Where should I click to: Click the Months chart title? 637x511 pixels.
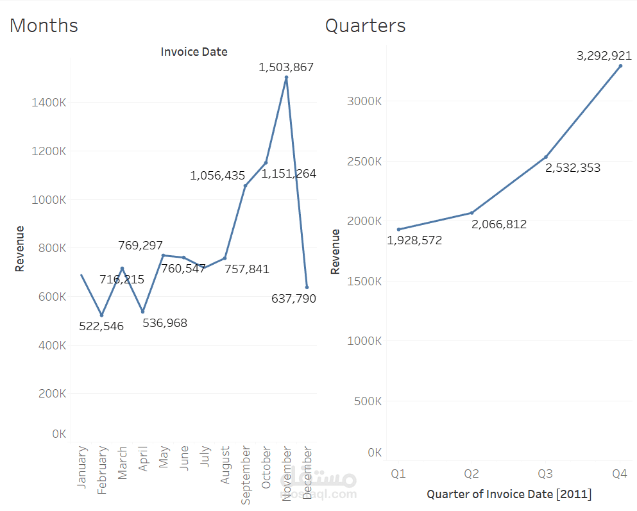pyautogui.click(x=44, y=26)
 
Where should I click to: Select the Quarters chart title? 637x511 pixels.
pyautogui.click(x=365, y=26)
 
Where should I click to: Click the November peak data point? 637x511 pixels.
pyautogui.click(x=286, y=78)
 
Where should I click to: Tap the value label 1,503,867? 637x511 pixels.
pyautogui.click(x=286, y=67)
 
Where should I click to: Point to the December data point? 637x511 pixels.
pyautogui.click(x=307, y=287)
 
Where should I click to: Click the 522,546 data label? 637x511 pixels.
pyautogui.click(x=101, y=326)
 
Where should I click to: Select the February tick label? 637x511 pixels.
pyautogui.click(x=101, y=471)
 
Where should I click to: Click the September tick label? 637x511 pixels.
pyautogui.click(x=246, y=476)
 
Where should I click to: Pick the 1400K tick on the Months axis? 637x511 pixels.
pyautogui.click(x=49, y=102)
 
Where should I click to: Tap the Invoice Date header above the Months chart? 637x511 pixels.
pyautogui.click(x=194, y=51)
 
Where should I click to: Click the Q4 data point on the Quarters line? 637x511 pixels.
pyautogui.click(x=620, y=65)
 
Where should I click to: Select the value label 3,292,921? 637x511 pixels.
pyautogui.click(x=604, y=56)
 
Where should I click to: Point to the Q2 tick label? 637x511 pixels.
pyautogui.click(x=472, y=474)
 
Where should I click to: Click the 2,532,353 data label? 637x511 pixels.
pyautogui.click(x=573, y=168)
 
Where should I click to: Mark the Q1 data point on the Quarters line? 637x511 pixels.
pyautogui.click(x=398, y=230)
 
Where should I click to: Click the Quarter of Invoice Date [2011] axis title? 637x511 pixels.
pyautogui.click(x=509, y=494)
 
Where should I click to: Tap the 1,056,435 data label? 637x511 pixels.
pyautogui.click(x=217, y=175)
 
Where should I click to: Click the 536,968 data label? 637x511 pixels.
pyautogui.click(x=165, y=323)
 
